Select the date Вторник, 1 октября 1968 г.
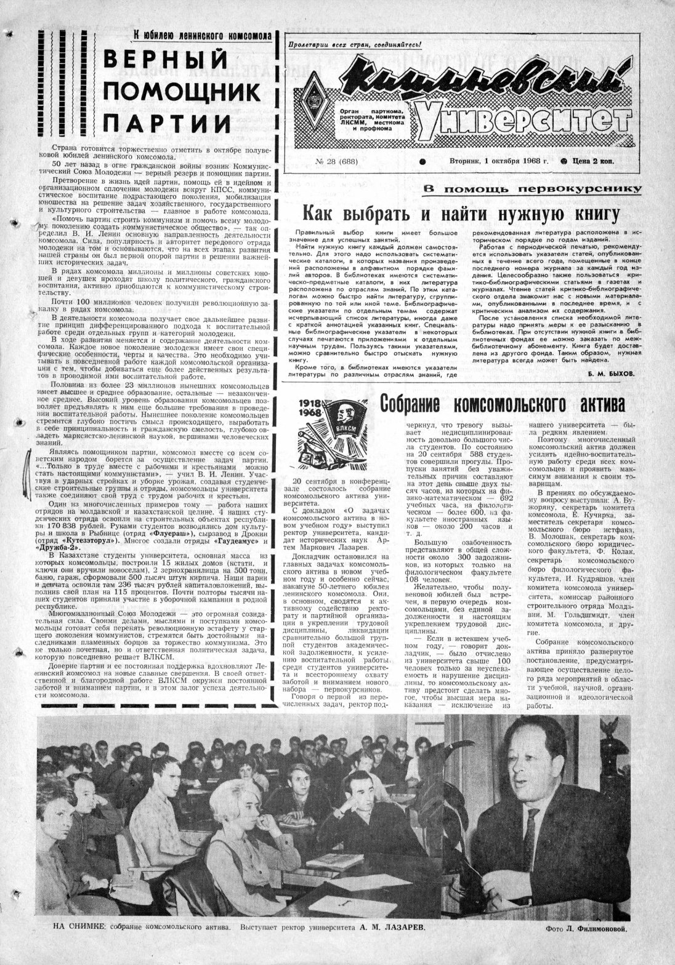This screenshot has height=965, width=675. (490, 161)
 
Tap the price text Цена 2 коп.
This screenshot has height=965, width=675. (591, 161)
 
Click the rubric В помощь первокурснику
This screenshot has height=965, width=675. (533, 189)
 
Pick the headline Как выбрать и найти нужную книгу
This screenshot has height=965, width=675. (459, 214)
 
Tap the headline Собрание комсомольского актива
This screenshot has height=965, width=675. (502, 404)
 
